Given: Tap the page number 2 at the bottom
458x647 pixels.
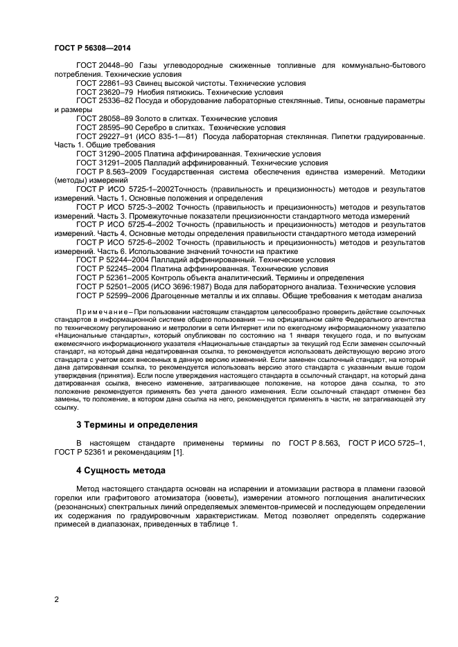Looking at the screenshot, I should coord(57,599).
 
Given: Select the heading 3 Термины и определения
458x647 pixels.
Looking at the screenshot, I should coord(136,424).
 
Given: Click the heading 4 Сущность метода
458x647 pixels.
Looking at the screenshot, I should coord(121,471).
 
